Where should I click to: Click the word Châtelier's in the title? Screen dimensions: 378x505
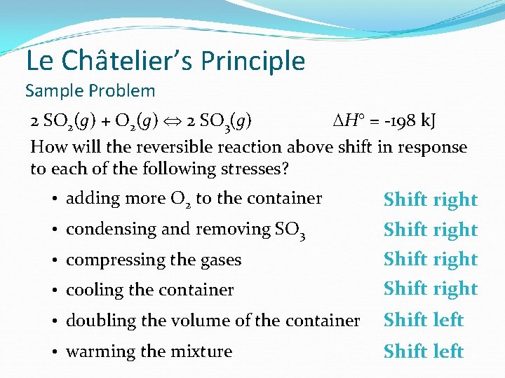[x=128, y=61]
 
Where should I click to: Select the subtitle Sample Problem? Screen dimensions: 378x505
[x=90, y=90]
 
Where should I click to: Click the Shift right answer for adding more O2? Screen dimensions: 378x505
[x=430, y=199]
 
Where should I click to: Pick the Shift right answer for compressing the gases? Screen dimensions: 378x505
[x=430, y=259]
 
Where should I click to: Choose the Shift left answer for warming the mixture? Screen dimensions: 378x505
[x=423, y=351]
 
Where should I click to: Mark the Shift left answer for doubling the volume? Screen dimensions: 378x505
[x=423, y=320]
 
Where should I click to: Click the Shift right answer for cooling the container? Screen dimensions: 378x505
[x=430, y=288]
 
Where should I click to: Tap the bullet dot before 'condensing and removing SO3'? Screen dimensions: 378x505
[x=54, y=230]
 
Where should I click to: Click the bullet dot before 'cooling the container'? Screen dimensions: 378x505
[x=54, y=290]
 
